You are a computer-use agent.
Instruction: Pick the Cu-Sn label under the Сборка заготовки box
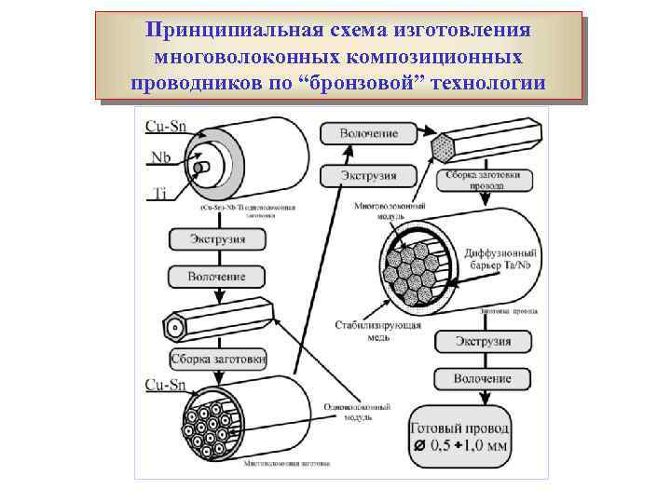tap(164, 384)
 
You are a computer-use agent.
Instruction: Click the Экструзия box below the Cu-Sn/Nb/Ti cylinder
tap(218, 239)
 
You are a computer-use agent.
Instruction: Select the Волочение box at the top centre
tap(368, 134)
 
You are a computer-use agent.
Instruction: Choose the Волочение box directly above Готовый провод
tap(482, 379)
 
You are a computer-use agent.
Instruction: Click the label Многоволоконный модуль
tap(390, 211)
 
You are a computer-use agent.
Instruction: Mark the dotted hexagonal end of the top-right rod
tap(444, 146)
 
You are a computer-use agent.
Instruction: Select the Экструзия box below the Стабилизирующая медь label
tap(482, 342)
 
